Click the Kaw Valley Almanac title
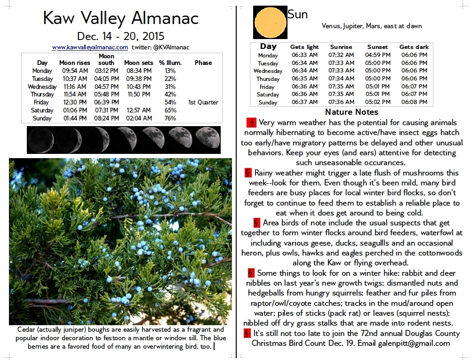(x=121, y=18)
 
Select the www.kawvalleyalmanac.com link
(x=90, y=48)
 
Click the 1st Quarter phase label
(x=203, y=102)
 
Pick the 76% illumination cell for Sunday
(x=170, y=118)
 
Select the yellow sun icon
(x=270, y=22)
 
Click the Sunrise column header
(x=341, y=47)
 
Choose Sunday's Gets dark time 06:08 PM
(x=414, y=102)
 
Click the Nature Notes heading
(x=351, y=112)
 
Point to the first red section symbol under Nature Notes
(x=251, y=123)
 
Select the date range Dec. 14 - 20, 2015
(x=121, y=36)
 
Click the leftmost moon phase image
(x=40, y=140)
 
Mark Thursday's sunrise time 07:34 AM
(x=341, y=79)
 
